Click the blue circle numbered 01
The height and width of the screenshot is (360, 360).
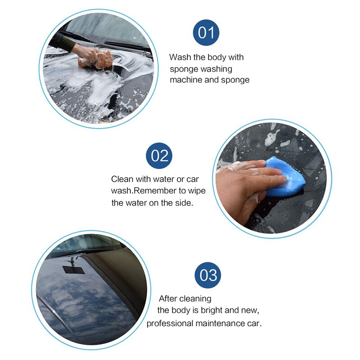point(206,33)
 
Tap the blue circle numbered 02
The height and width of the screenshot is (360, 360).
point(159,156)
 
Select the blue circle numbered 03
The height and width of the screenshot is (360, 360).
point(208,275)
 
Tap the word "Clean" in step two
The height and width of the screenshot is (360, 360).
point(122,179)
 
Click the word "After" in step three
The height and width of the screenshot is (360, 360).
point(168,299)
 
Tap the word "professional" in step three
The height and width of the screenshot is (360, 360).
point(170,323)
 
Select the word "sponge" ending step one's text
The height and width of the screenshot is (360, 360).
point(236,80)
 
